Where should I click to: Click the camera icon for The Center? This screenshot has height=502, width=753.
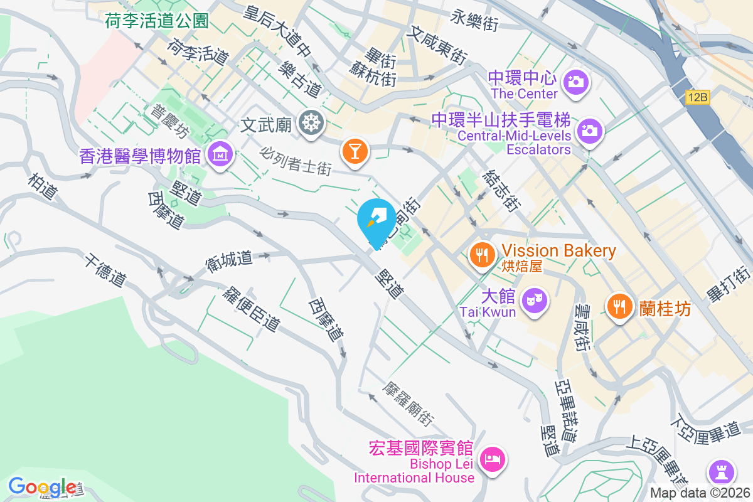point(575,81)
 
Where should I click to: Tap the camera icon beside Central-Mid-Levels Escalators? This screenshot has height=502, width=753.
point(589,131)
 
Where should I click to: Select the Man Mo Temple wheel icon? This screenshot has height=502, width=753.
point(309,122)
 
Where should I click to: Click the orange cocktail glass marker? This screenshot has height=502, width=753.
point(355,151)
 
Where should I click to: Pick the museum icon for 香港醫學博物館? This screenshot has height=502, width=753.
point(220,153)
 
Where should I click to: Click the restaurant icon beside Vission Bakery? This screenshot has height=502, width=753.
point(482,255)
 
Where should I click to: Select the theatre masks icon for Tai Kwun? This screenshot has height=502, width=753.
point(534,299)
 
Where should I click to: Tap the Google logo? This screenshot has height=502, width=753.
point(42,487)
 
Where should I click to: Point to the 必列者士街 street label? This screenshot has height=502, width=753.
point(296,160)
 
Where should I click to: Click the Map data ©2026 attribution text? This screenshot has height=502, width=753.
point(700,493)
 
